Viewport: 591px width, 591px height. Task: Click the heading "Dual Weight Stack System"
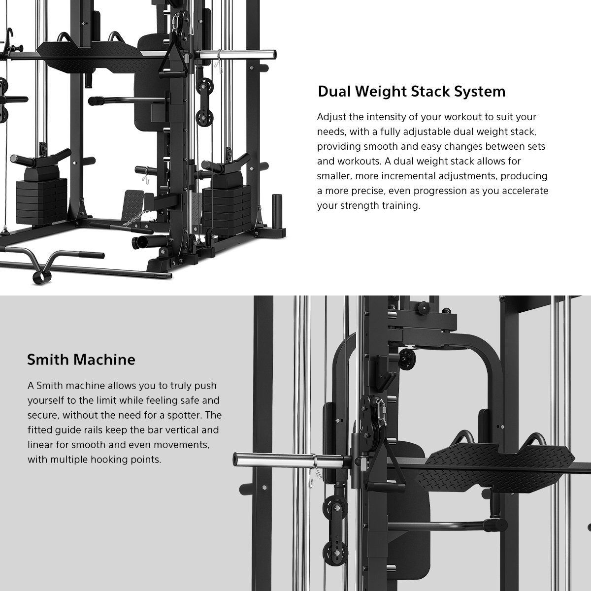pyautogui.click(x=412, y=92)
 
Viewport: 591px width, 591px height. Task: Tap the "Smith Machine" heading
pyautogui.click(x=81, y=360)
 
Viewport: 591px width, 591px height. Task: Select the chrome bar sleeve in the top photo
pyautogui.click(x=237, y=55)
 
